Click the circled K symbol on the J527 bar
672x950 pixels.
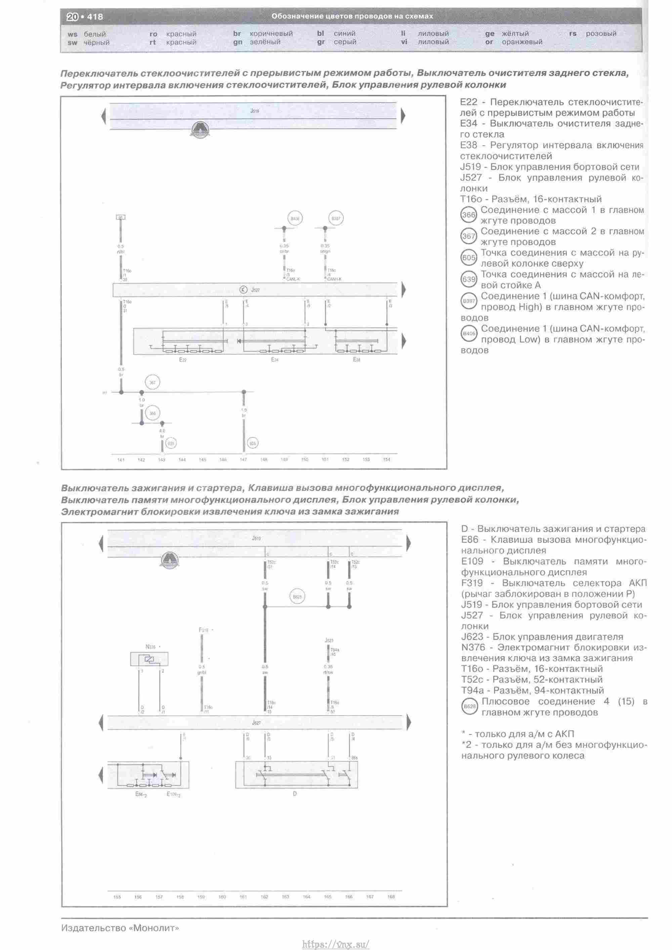point(243,290)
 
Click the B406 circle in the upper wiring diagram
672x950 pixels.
point(295,218)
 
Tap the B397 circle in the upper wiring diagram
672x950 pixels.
point(336,218)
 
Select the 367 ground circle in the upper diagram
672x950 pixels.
point(152,382)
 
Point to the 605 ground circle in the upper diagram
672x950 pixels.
point(252,443)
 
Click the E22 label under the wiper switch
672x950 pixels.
point(183,360)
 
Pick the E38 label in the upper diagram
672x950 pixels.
point(357,360)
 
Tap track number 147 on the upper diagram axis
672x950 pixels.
point(243,459)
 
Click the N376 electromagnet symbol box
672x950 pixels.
point(150,659)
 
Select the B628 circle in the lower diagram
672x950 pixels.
point(297,596)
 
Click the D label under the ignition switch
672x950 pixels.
point(295,794)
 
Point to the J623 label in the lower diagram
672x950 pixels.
point(329,640)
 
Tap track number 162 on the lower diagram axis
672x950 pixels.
point(264,897)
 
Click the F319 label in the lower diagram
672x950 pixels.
point(204,630)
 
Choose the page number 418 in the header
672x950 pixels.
point(95,17)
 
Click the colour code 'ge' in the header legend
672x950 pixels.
point(490,34)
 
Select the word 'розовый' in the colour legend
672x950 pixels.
point(601,34)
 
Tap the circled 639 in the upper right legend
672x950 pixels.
point(469,279)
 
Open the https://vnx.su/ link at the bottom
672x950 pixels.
point(336,944)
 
